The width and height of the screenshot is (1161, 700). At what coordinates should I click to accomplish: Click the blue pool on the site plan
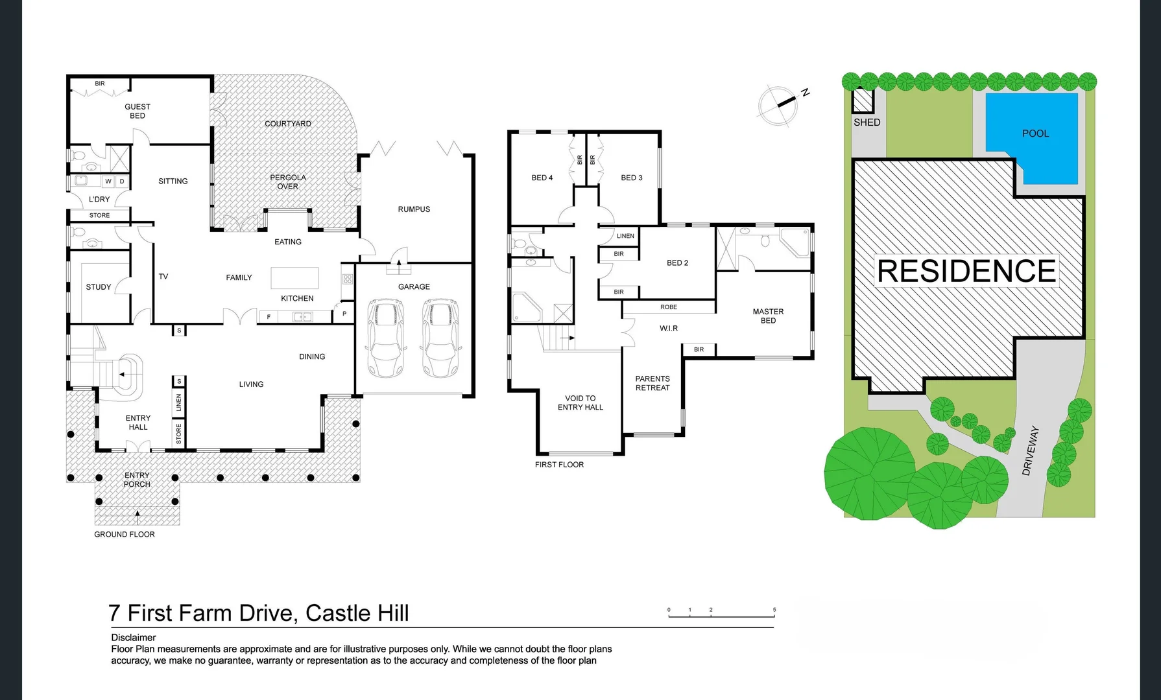coord(1031,139)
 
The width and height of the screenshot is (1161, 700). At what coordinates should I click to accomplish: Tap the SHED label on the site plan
coord(867,122)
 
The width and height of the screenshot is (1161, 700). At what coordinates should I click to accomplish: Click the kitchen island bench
coord(294,278)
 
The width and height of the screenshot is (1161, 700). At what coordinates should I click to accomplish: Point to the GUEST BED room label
coord(138,111)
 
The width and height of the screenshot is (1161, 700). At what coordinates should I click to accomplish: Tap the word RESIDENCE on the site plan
coord(966,271)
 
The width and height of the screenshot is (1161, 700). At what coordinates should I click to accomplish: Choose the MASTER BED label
coord(768,316)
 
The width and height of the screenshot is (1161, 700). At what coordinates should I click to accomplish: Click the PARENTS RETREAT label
coord(652,383)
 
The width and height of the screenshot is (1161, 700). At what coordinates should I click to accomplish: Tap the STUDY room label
coord(99,287)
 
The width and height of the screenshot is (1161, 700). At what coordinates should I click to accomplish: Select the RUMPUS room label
coord(414,209)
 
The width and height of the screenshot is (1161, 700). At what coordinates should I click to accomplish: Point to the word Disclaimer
coord(134,638)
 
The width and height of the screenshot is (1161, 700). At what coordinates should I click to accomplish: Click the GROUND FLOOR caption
coord(125,535)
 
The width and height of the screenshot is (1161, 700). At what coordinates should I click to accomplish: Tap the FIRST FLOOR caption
coord(559,465)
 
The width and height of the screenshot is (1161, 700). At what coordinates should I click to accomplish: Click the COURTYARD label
coord(287,124)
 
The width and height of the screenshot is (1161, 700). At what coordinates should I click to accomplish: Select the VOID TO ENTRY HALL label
coord(580,403)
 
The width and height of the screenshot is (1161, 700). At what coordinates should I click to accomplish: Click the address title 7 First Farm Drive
coord(258,613)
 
